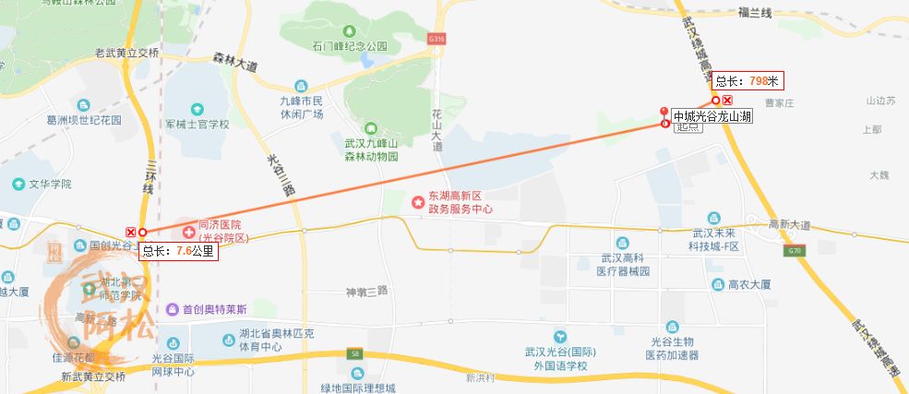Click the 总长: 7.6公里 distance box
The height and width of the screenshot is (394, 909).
pos(177,250)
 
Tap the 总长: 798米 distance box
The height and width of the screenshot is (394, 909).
pos(748,81)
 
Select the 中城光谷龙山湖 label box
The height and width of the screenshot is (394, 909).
pos(712,116)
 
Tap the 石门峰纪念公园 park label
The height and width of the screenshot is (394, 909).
pos(350,45)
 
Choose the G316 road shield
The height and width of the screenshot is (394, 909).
pos(437,39)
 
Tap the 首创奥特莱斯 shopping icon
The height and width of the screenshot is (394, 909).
pos(173,310)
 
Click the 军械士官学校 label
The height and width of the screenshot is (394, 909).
pos(197,123)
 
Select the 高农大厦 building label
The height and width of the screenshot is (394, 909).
pos(749,285)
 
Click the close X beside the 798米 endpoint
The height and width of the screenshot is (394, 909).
pos(728,100)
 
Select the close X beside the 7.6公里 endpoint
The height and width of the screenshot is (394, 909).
pos(130,232)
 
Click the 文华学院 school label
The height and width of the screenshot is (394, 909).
pos(50,184)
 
